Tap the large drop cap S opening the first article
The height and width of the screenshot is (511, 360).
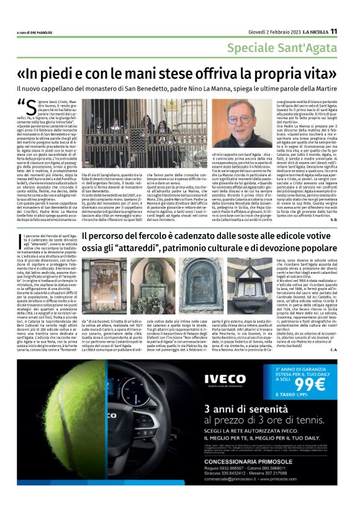pyautogui.click(x=27, y=107)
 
